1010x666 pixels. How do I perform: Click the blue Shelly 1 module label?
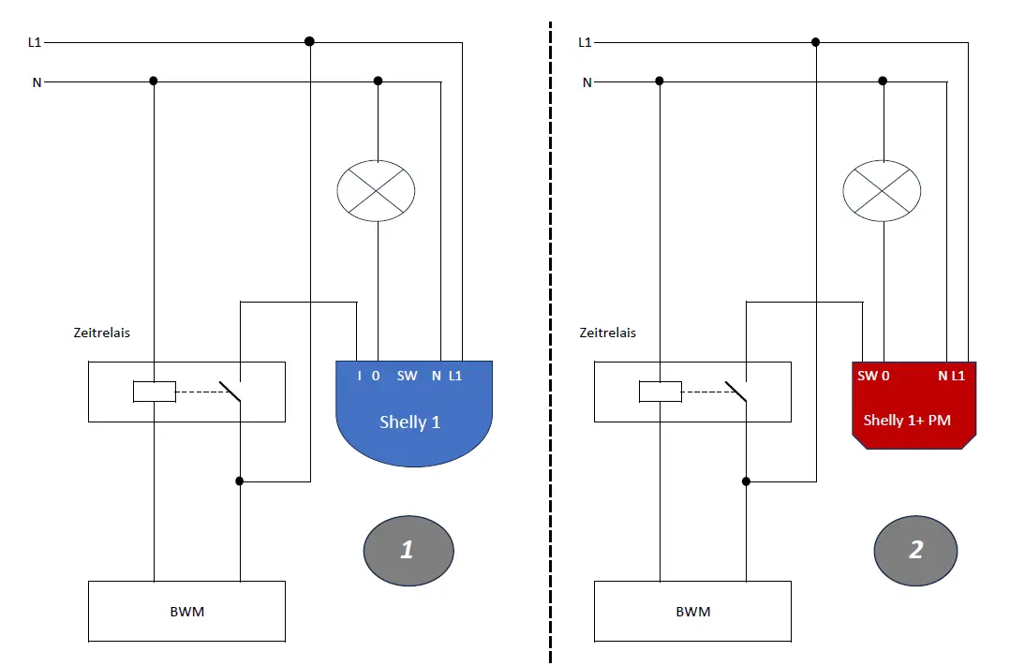coord(409,422)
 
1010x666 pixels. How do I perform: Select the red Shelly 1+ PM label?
coord(906,420)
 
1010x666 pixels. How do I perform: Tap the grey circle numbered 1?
coord(408,549)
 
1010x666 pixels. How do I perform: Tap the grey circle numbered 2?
coord(915,549)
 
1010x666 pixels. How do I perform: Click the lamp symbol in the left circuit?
coord(376,191)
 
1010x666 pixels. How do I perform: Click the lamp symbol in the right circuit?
coord(882,191)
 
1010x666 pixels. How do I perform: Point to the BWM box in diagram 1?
coord(186,611)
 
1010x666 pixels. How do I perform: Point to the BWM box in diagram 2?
coord(692,611)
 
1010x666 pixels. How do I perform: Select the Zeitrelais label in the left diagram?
coord(101,333)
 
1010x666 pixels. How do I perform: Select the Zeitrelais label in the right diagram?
coord(607,333)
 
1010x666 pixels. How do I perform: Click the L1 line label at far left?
coord(36,42)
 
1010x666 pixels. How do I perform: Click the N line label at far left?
coord(37,82)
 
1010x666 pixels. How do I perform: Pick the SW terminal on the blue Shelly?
coord(407,376)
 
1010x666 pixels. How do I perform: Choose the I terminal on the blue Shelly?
coord(360,376)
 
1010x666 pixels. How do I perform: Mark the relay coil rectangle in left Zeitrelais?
coord(155,392)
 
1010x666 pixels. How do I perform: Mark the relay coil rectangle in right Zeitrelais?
coord(661,392)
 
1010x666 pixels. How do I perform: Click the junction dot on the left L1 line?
coord(309,41)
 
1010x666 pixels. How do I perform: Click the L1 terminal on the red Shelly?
coord(958,376)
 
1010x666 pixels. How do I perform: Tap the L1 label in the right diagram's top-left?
coord(585,42)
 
